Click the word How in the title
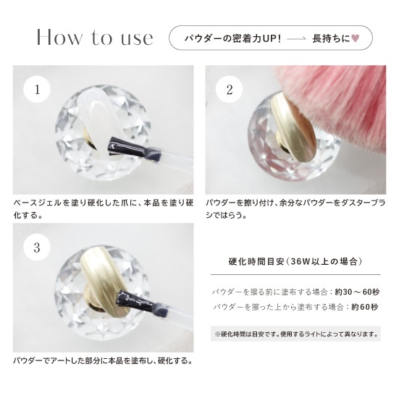click(x=59, y=37)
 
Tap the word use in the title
click(x=137, y=39)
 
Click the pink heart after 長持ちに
click(x=355, y=38)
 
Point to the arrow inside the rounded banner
click(x=296, y=38)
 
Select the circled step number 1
click(x=37, y=89)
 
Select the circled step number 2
click(x=229, y=90)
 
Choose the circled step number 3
click(x=37, y=247)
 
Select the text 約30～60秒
click(x=357, y=292)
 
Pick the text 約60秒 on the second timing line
click(x=364, y=307)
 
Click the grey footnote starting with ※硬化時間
click(x=295, y=334)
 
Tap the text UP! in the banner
click(x=272, y=38)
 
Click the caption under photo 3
click(x=103, y=361)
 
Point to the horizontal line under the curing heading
click(x=295, y=275)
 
